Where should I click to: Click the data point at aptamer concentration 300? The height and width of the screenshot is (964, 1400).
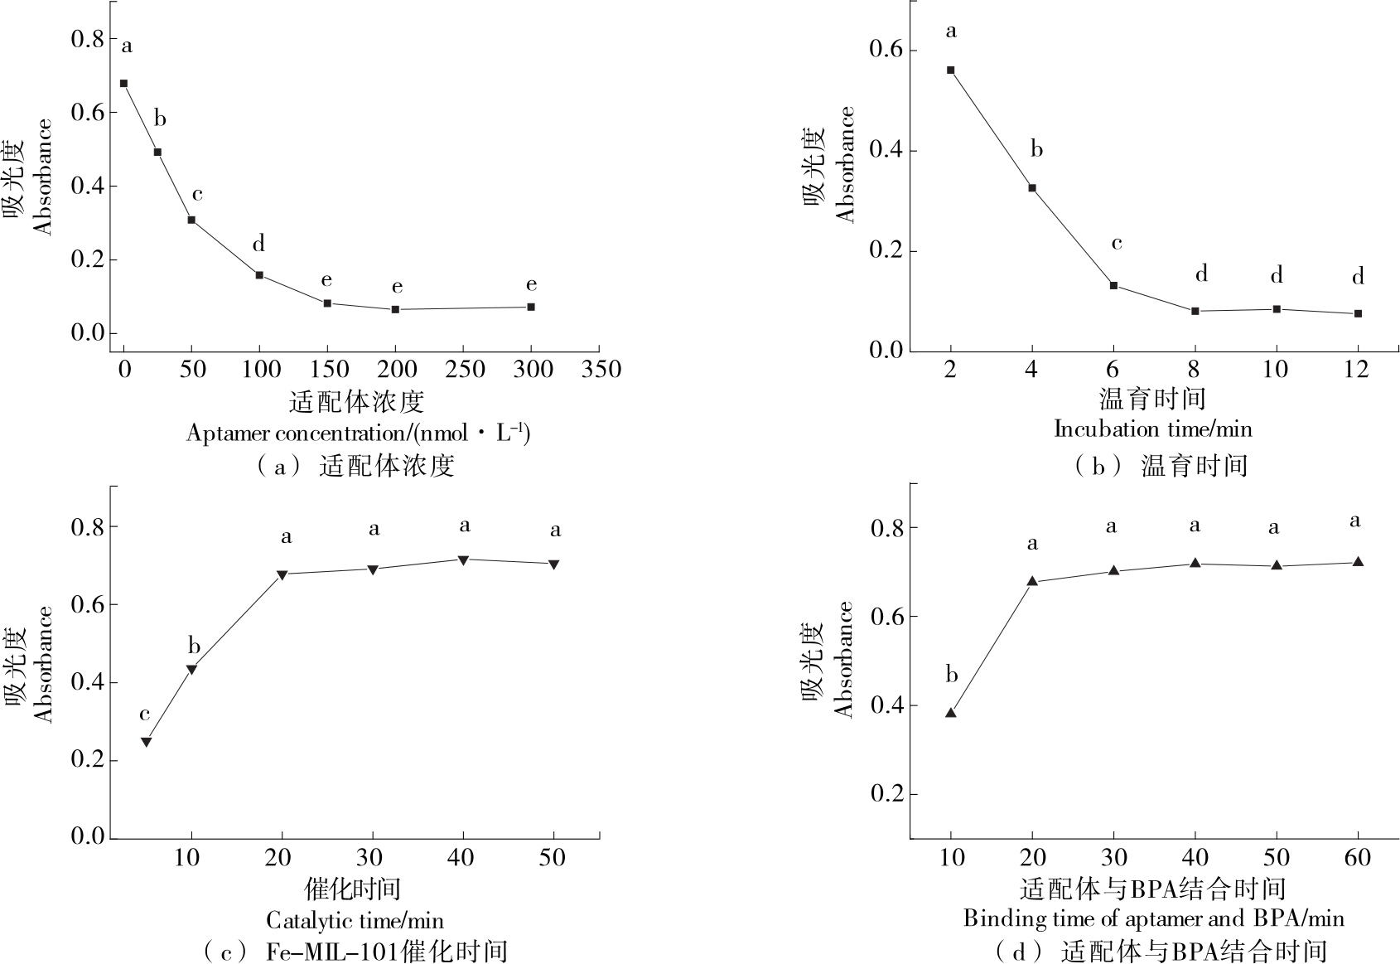[530, 307]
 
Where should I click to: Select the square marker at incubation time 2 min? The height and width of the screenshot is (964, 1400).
[950, 70]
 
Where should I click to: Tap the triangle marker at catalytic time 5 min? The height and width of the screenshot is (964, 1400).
[146, 742]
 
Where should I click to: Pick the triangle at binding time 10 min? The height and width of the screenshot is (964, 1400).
[951, 713]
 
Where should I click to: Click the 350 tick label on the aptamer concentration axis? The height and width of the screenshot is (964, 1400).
[601, 369]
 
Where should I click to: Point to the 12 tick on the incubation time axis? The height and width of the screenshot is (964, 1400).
[1357, 369]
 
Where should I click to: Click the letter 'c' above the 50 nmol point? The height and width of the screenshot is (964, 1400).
[197, 195]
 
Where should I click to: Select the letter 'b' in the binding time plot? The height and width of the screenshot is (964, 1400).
[952, 676]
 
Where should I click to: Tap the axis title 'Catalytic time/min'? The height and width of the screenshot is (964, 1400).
[355, 920]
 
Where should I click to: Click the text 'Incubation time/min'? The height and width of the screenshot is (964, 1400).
[1152, 429]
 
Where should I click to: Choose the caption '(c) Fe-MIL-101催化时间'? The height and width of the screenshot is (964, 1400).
[355, 951]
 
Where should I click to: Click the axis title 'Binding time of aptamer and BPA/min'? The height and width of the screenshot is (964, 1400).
[1153, 918]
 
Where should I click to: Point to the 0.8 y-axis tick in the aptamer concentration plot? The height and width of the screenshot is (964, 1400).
[88, 39]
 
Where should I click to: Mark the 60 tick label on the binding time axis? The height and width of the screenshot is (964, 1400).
[1358, 856]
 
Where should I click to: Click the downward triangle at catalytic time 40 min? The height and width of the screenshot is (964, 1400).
[463, 560]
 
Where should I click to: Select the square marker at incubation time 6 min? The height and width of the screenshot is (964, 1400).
[1113, 285]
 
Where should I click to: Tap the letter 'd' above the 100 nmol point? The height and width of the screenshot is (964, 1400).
[258, 244]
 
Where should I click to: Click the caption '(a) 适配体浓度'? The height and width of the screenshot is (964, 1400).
[355, 466]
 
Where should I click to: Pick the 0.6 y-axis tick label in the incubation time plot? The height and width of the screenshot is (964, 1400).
[886, 50]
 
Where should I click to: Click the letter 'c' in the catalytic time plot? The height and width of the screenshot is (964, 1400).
[145, 715]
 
